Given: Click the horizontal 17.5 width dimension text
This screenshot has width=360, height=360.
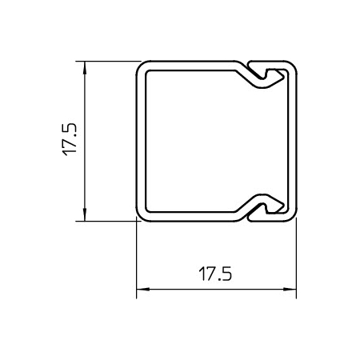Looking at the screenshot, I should point(216,274).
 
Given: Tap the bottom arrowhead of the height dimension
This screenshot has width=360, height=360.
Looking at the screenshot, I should point(84,215).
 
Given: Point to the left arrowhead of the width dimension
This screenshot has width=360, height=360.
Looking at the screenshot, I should point(141,291).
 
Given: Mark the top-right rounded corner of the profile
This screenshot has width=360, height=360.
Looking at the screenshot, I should point(291,66).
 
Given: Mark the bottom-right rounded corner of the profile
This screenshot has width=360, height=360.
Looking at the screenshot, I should point(291,215).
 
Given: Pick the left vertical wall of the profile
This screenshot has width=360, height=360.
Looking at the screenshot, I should point(140,140).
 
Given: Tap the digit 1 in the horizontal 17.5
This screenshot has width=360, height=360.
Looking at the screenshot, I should point(201,274).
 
